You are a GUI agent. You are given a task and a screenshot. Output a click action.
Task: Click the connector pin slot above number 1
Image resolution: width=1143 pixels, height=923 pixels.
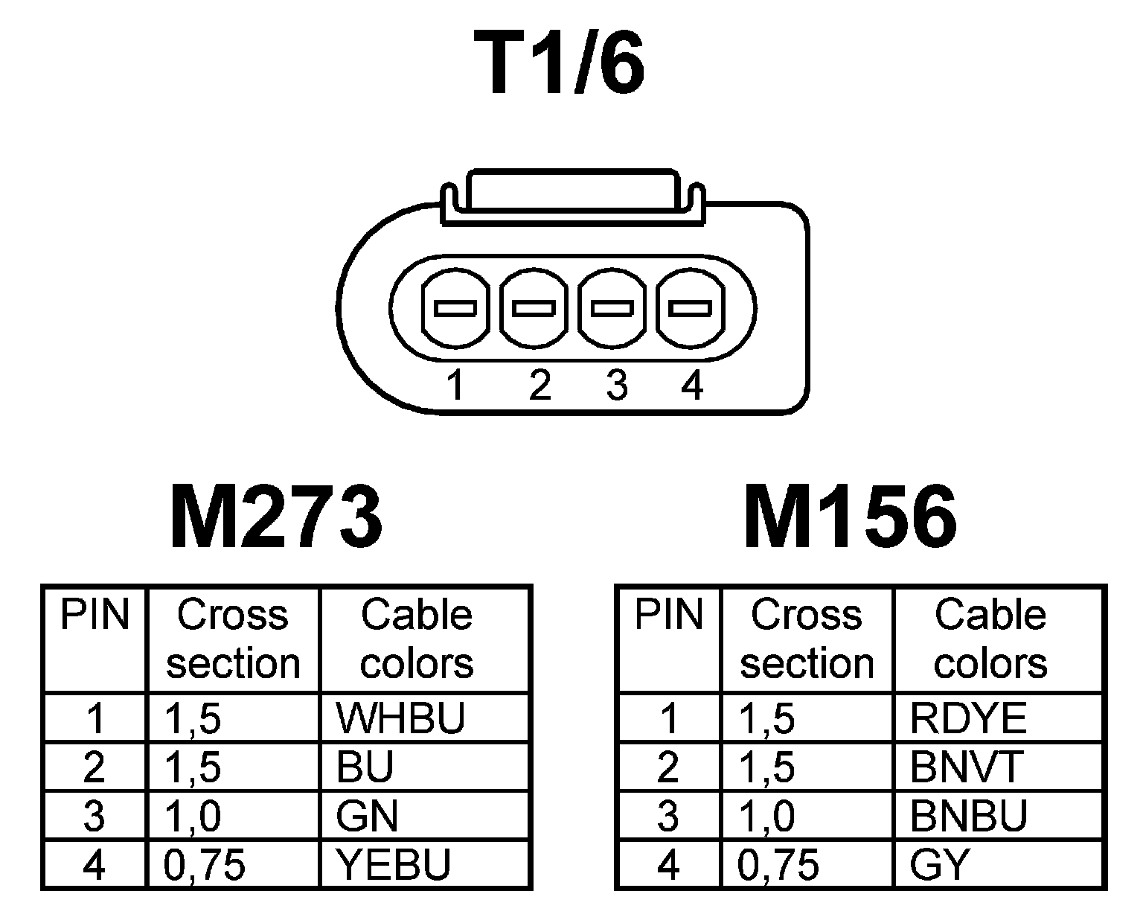455,307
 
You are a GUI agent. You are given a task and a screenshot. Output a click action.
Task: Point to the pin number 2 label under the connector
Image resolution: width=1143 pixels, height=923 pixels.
540,386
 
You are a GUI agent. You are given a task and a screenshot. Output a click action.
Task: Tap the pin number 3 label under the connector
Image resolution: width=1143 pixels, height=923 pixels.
616,386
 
